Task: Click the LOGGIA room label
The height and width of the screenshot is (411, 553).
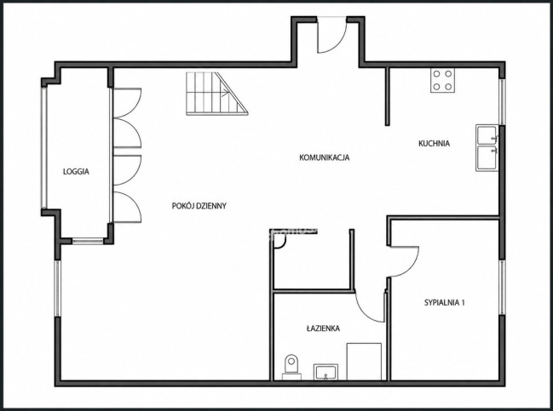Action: point(76,172)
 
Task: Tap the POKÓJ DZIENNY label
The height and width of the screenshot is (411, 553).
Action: point(199,206)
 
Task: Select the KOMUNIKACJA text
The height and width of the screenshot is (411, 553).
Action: point(324,157)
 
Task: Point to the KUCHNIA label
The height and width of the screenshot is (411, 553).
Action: point(434,143)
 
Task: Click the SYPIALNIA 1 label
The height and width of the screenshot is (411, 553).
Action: point(445,302)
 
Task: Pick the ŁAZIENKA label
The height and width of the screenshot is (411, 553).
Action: point(323,328)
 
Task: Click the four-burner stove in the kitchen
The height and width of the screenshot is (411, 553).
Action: point(442,80)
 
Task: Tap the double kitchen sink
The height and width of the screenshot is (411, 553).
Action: point(487,147)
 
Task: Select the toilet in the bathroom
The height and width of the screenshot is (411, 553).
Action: point(291,367)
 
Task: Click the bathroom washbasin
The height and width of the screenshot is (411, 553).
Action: point(325,372)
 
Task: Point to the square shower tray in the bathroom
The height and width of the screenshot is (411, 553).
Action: point(364,362)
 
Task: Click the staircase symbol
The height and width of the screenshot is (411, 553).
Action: point(217,94)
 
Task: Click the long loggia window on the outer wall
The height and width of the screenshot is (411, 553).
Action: point(43,148)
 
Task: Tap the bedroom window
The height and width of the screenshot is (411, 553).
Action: point(502,288)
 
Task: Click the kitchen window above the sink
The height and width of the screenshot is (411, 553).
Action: point(502,101)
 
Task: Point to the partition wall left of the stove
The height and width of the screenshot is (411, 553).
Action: point(387,96)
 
